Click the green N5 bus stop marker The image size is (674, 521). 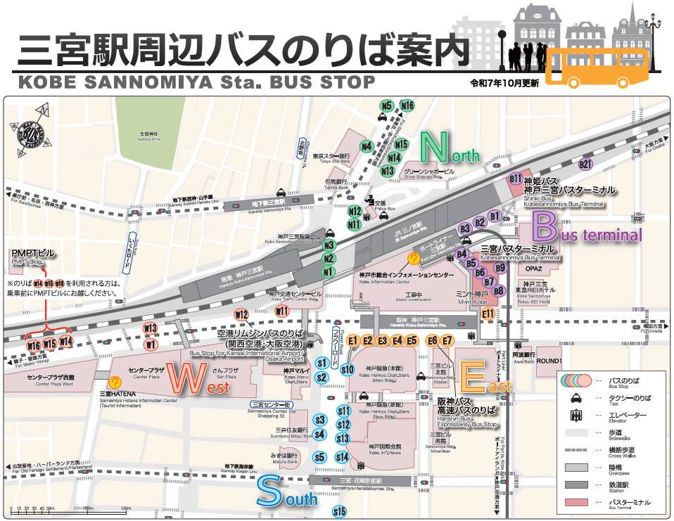pyautogui.click(x=386, y=106)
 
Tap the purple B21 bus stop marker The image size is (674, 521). pyautogui.click(x=585, y=165)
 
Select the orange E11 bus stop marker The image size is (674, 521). pyautogui.click(x=488, y=314)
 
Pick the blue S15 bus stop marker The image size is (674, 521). pyautogui.click(x=340, y=511)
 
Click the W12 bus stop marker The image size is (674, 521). pyautogui.click(x=241, y=314)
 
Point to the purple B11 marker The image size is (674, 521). pyautogui.click(x=516, y=179)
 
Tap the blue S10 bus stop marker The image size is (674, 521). pyautogui.click(x=347, y=369)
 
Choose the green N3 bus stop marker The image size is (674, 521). pyautogui.click(x=328, y=245)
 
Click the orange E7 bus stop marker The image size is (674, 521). pyautogui.click(x=447, y=341)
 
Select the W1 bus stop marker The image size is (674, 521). pyautogui.click(x=151, y=345)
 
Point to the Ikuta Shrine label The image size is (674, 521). pyautogui.click(x=148, y=135)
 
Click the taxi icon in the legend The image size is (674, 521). pyautogui.click(x=576, y=398)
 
